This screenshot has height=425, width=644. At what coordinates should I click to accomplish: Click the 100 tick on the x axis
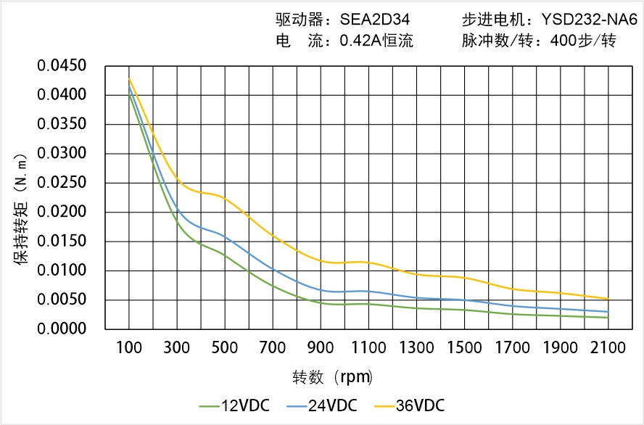[129, 347]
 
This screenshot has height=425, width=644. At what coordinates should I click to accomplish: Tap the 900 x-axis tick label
[321, 347]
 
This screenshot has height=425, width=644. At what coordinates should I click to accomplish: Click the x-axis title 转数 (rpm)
[333, 377]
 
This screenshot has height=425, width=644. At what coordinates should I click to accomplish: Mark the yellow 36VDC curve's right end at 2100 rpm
[608, 299]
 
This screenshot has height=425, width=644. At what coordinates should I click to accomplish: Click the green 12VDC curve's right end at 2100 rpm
[608, 318]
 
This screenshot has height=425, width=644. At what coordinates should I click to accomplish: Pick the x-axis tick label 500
[225, 347]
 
